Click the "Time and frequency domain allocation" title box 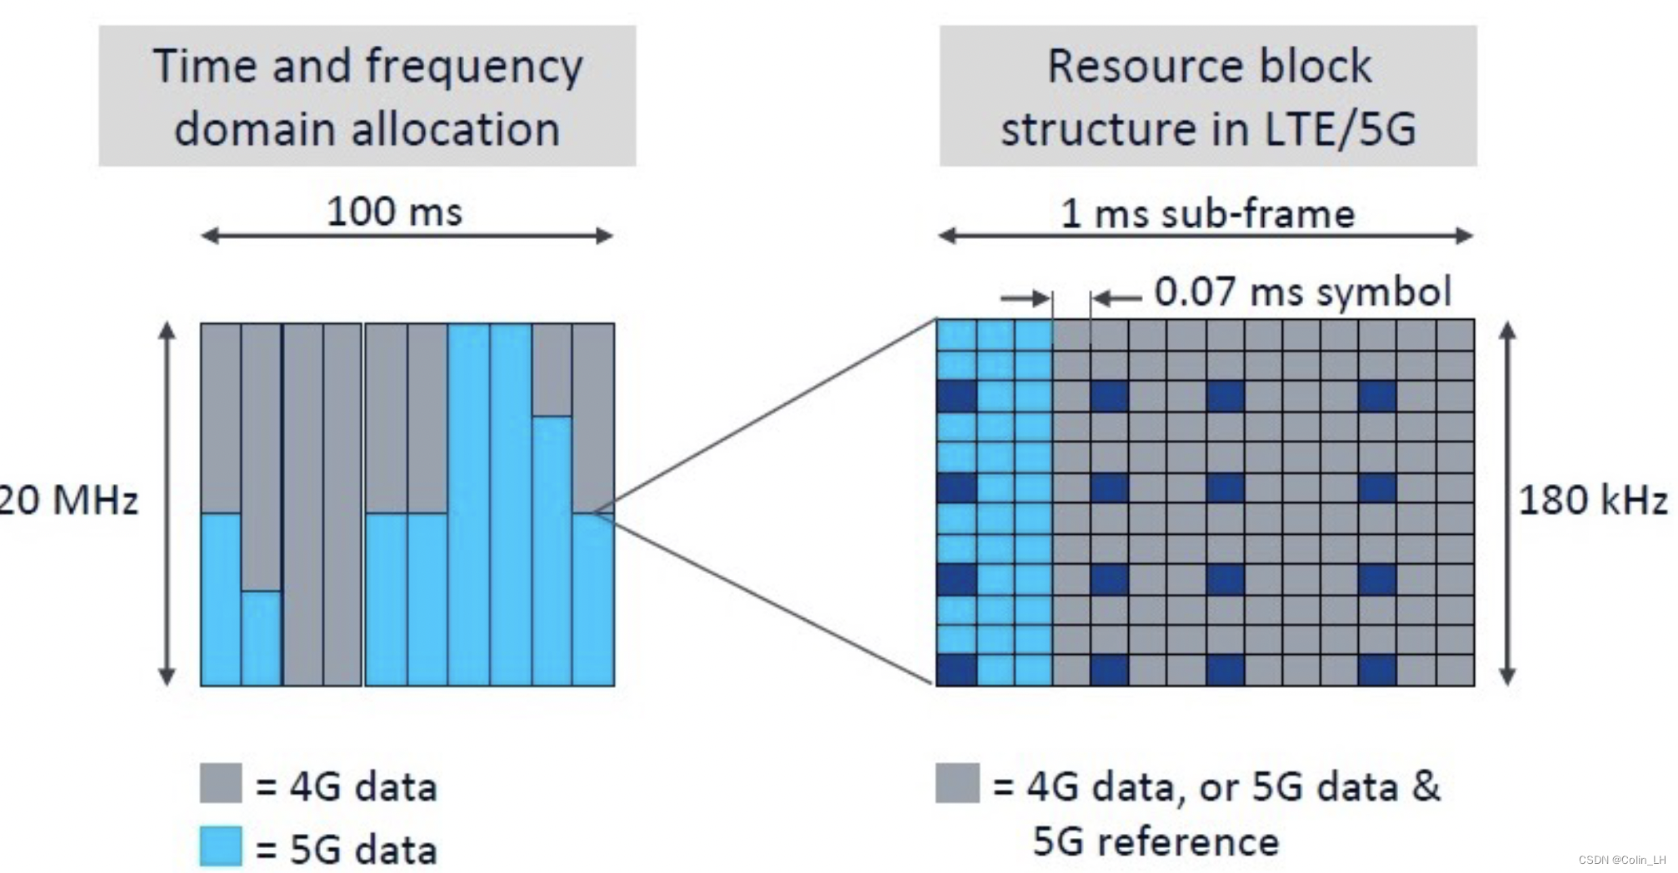pyautogui.click(x=367, y=96)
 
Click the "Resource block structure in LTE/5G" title pyautogui.click(x=1207, y=96)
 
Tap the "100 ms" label pyautogui.click(x=394, y=211)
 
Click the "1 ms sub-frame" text pyautogui.click(x=1207, y=214)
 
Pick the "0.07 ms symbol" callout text pyautogui.click(x=1302, y=292)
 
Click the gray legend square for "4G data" pyautogui.click(x=221, y=783)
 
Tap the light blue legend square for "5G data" pyautogui.click(x=221, y=846)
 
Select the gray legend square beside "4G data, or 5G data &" pyautogui.click(x=957, y=783)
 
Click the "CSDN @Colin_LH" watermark pyautogui.click(x=1621, y=860)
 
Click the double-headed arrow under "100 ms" pyautogui.click(x=407, y=237)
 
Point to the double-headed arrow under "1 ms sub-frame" pyautogui.click(x=1206, y=237)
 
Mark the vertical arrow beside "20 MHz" pyautogui.click(x=167, y=504)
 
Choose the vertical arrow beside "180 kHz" pyautogui.click(x=1507, y=504)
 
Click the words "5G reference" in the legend pyautogui.click(x=1156, y=841)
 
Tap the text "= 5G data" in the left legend pyautogui.click(x=346, y=850)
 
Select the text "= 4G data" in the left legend pyautogui.click(x=346, y=786)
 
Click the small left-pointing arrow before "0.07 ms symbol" pyautogui.click(x=1116, y=297)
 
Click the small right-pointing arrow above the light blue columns pyautogui.click(x=1026, y=297)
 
